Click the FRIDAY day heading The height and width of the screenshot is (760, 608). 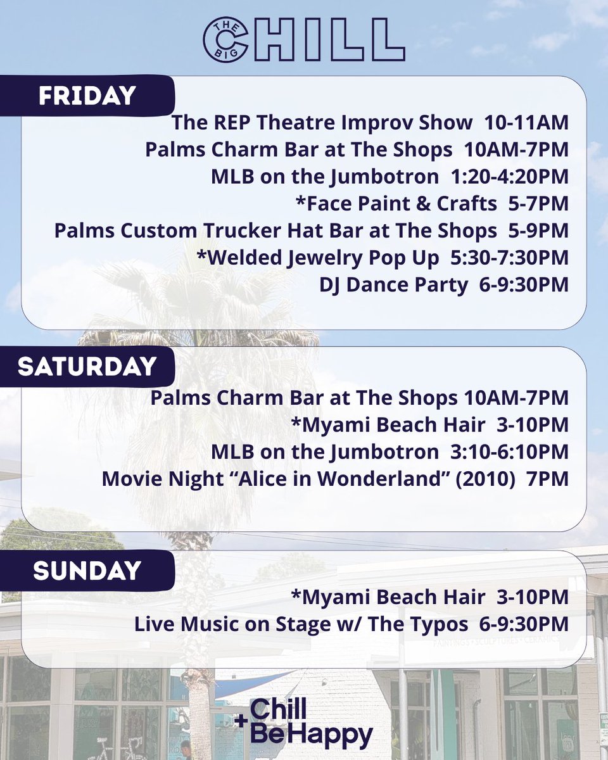click(87, 96)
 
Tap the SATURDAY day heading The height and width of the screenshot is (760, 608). click(87, 367)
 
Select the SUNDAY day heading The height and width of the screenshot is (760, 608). click(87, 571)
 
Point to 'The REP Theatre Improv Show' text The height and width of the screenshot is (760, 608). click(322, 123)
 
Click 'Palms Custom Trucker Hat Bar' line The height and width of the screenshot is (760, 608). click(275, 231)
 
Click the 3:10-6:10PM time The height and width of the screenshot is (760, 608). click(505, 452)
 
